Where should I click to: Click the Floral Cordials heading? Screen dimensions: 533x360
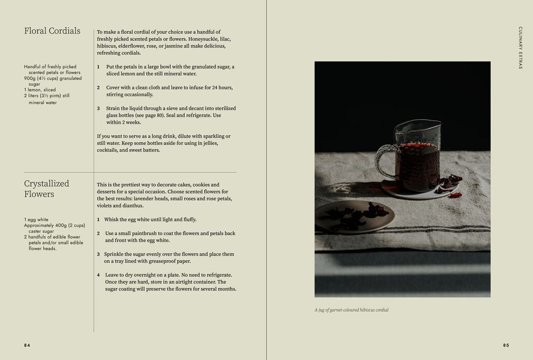(x=52, y=31)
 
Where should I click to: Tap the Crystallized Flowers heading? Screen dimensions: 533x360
(x=47, y=188)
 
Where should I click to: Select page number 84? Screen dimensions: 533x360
(x=27, y=345)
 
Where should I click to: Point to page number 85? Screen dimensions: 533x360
(x=506, y=345)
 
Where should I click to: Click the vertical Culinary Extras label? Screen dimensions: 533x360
(x=520, y=48)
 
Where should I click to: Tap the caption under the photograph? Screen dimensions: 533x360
(x=352, y=310)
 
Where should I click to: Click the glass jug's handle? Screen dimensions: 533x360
(x=384, y=162)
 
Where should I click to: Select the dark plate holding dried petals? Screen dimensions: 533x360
(x=355, y=217)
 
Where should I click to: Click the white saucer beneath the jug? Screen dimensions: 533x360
(x=419, y=190)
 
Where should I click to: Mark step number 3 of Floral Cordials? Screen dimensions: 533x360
(x=98, y=109)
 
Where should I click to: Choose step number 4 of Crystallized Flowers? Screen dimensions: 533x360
(x=98, y=275)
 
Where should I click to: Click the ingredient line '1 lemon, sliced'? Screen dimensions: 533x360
(x=40, y=90)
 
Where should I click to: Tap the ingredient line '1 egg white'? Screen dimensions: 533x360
(x=36, y=219)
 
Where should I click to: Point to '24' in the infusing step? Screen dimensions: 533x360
(x=215, y=87)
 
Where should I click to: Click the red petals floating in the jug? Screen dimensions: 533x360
(x=418, y=146)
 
